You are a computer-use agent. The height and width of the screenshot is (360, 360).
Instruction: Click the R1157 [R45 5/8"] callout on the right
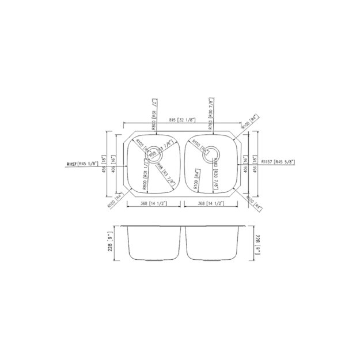pyautogui.click(x=279, y=162)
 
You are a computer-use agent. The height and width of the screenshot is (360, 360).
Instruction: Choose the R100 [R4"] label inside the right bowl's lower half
pyautogui.click(x=196, y=180)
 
